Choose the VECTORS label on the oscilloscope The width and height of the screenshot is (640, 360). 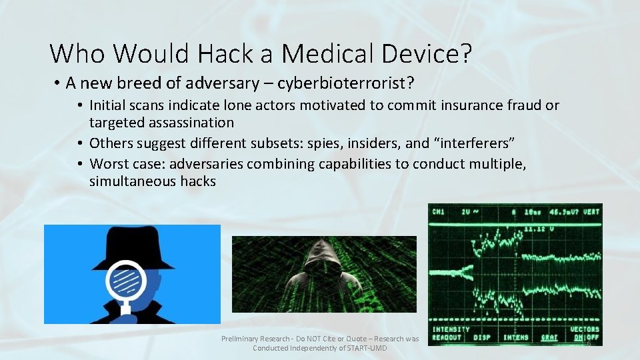(x=584, y=329)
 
